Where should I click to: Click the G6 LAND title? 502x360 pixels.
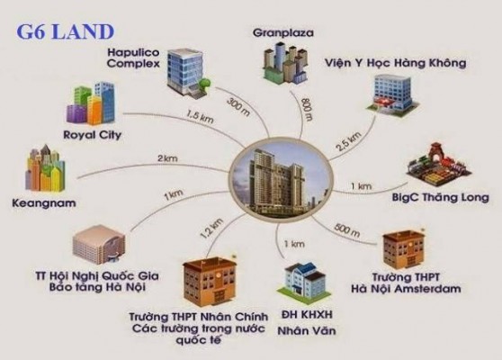[x=66, y=32]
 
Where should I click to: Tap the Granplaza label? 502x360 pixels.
[x=283, y=32]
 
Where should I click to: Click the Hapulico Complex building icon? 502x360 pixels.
[x=189, y=72]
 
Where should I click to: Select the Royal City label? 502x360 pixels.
[x=92, y=135]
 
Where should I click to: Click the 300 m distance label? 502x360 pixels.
[x=238, y=107]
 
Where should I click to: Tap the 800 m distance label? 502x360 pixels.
[x=307, y=110]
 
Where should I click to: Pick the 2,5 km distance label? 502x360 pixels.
[x=349, y=141]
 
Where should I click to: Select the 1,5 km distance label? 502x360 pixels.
[x=200, y=117]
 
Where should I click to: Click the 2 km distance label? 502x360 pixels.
[x=167, y=158]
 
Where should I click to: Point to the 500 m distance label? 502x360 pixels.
[x=347, y=229]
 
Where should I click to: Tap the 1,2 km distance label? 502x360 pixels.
[x=211, y=229]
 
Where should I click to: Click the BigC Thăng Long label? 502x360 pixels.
[x=440, y=197]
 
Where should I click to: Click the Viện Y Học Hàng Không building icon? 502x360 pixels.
[x=393, y=94]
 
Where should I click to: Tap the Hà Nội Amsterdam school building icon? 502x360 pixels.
[x=404, y=249]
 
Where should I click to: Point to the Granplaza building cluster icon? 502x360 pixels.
[x=284, y=65]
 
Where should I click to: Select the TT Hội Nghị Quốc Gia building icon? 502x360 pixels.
[x=99, y=245]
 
